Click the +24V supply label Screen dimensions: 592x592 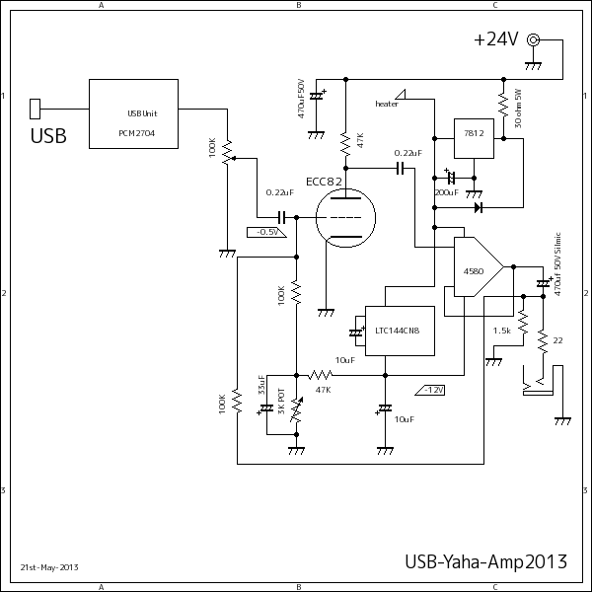click(x=495, y=39)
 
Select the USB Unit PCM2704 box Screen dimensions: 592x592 click(x=134, y=113)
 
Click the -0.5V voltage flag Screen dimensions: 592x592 click(x=265, y=232)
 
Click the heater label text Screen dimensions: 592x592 click(x=388, y=104)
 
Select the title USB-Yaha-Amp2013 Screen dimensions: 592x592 click(x=485, y=562)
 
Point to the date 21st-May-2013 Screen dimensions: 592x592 click(x=49, y=567)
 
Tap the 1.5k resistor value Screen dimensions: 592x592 click(x=501, y=332)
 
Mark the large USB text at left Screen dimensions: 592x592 click(x=48, y=136)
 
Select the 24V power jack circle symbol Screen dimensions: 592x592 click(x=534, y=39)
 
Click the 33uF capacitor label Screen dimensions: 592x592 click(x=261, y=386)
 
